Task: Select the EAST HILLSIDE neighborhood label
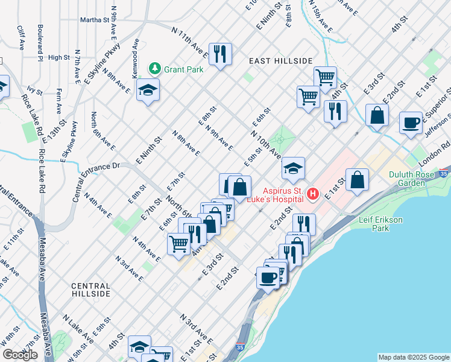281,61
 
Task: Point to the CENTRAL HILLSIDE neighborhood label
90,290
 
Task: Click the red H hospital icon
313,194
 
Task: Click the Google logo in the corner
20,355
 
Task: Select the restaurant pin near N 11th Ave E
220,54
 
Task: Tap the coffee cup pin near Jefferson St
411,122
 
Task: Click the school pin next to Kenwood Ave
147,91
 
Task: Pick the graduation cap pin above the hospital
292,168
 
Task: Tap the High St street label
59,57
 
